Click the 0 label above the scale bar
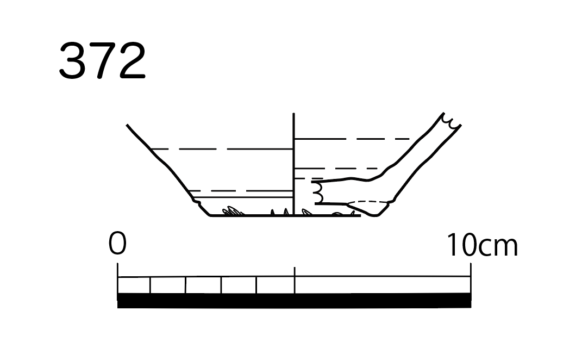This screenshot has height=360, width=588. tap(117, 243)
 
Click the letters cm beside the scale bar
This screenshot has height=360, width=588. tap(498, 247)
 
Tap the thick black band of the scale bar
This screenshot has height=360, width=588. tap(294, 300)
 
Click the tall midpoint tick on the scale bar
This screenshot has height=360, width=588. tap(295, 280)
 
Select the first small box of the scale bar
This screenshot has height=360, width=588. tap(134, 285)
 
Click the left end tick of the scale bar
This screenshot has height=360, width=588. tap(118, 278)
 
